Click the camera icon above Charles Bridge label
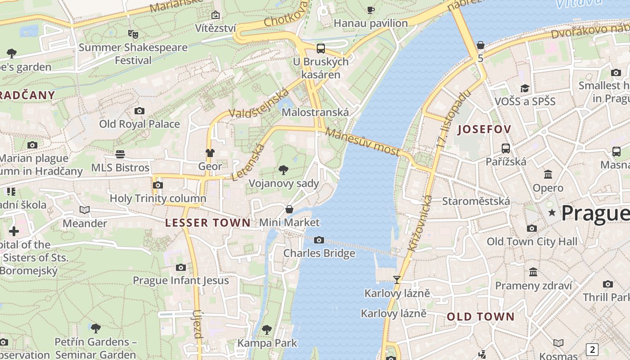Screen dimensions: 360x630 tap(319, 240)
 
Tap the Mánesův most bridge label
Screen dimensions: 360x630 tap(363, 141)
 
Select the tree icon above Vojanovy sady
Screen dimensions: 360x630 tap(283, 170)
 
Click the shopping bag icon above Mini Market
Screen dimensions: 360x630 tap(289, 209)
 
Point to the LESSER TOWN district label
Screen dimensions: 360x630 tap(207, 223)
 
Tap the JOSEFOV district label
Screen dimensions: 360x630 tap(484, 130)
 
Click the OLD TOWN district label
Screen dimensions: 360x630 tap(480, 317)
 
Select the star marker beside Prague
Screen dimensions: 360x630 tap(552, 212)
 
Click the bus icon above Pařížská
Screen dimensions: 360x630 tap(506, 148)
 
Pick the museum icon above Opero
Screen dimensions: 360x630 tap(548, 174)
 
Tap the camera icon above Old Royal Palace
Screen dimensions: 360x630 tap(139, 111)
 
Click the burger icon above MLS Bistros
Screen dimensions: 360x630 tap(120, 154)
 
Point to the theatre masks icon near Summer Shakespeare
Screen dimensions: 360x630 tap(133, 34)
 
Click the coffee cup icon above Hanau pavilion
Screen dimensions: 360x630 tap(371, 10)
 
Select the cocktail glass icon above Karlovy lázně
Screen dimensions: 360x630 tap(396, 280)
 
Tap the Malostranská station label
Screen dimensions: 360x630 tap(315, 112)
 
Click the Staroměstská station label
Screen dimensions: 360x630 tap(476, 201)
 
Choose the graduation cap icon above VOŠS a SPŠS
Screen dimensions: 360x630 tap(525, 88)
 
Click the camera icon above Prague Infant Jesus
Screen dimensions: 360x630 tap(181, 268)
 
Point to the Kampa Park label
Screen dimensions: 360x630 tap(267, 343)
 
